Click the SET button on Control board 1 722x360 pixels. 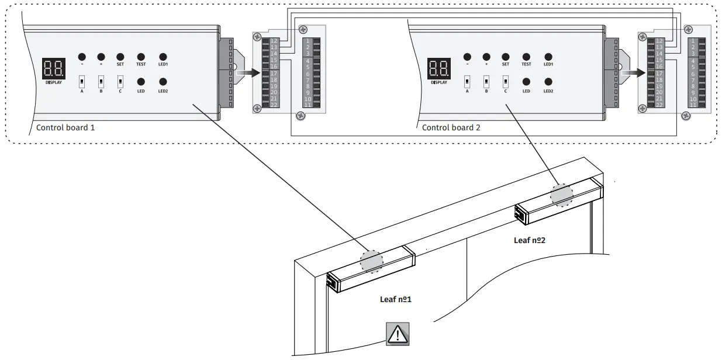pyautogui.click(x=120, y=57)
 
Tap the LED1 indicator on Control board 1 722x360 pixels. pyautogui.click(x=163, y=57)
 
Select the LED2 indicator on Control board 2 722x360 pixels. pyautogui.click(x=548, y=82)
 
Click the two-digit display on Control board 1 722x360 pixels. pyautogui.click(x=53, y=70)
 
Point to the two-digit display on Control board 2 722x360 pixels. pyautogui.click(x=438, y=69)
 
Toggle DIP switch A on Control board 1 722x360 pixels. pyautogui.click(x=82, y=81)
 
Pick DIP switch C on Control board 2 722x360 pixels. pyautogui.click(x=505, y=81)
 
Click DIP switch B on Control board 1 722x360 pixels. pyautogui.click(x=101, y=81)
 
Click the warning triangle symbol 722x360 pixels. pyautogui.click(x=398, y=334)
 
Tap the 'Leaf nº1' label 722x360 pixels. pyautogui.click(x=396, y=299)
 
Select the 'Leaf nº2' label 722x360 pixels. pyautogui.click(x=530, y=240)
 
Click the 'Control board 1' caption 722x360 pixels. pyautogui.click(x=65, y=127)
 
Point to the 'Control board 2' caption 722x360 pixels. pyautogui.click(x=451, y=127)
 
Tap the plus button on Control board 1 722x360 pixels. pyautogui.click(x=101, y=57)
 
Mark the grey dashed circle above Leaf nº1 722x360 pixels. pyautogui.click(x=371, y=261)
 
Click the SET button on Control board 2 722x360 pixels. pyautogui.click(x=505, y=57)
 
